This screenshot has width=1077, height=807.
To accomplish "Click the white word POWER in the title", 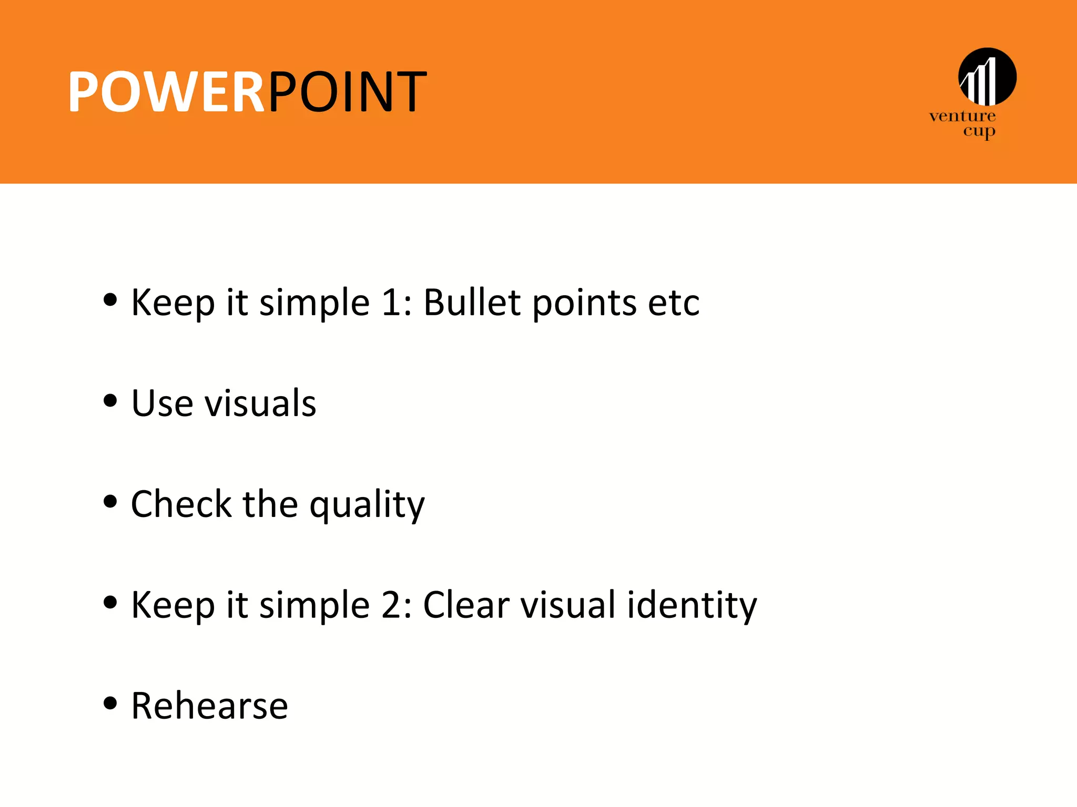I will click(166, 92).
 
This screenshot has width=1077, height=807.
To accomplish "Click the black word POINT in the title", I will click(347, 92).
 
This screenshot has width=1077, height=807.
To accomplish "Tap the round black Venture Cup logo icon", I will click(987, 77).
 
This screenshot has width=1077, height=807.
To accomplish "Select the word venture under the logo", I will click(962, 116).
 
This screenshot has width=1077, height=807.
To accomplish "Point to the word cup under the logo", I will click(979, 131).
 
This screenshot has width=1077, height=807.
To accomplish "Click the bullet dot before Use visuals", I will click(110, 401).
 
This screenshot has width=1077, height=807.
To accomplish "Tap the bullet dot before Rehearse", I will click(110, 703).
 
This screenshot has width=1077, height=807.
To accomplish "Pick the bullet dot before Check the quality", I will click(110, 502).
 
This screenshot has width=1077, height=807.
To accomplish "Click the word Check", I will click(181, 504).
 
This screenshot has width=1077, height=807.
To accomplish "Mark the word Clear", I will click(465, 605).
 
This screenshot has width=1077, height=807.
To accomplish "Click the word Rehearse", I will click(209, 706).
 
